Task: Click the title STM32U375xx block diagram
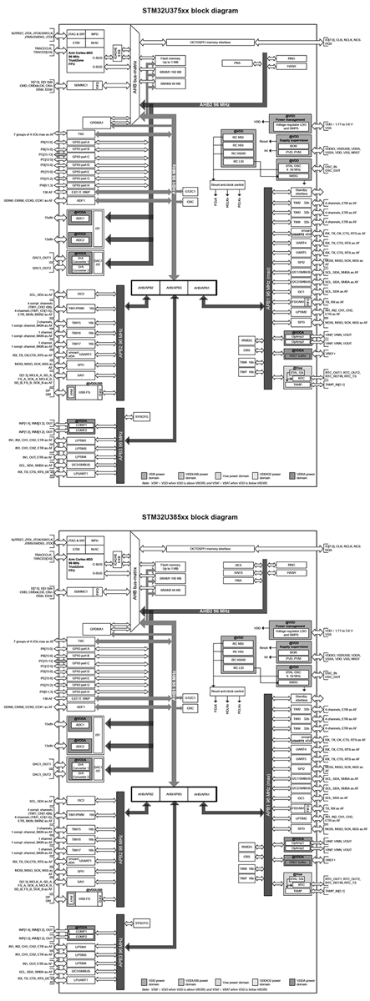pyautogui.click(x=185, y=10)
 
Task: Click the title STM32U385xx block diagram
pyautogui.click(x=185, y=517)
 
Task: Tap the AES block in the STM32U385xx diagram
pyautogui.click(x=238, y=565)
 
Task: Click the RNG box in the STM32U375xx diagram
pyautogui.click(x=291, y=58)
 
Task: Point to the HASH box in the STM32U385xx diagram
pyautogui.click(x=291, y=573)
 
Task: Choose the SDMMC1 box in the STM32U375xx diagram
pyautogui.click(x=79, y=85)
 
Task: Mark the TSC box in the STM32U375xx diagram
pyautogui.click(x=80, y=133)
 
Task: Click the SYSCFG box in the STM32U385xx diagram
pyautogui.click(x=140, y=923)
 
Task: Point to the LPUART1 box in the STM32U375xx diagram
pyautogui.click(x=80, y=475)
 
